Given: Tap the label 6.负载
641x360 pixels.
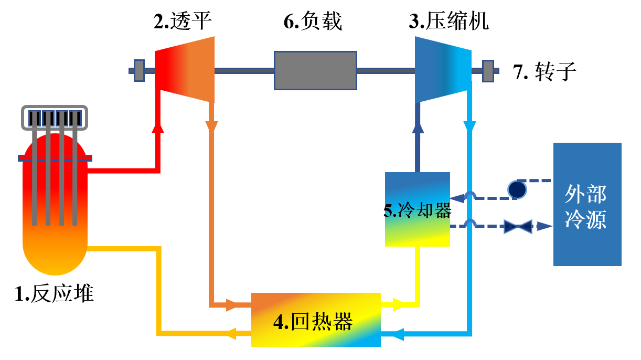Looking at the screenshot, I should (313, 23).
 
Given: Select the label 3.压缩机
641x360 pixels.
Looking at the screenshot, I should (448, 23).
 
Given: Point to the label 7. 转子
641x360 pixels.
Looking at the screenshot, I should (545, 72).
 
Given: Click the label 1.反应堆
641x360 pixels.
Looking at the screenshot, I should (55, 294).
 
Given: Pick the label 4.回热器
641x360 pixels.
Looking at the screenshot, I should (313, 321).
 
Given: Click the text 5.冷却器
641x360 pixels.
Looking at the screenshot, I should (418, 210).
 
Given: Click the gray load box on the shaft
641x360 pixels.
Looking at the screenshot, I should (315, 70).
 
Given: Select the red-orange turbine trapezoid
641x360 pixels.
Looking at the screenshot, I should (185, 69).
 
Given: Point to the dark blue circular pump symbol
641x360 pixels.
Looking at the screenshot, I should (517, 188).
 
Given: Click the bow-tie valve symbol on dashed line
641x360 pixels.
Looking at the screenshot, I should (517, 227).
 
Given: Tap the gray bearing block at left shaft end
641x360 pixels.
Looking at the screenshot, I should (139, 71).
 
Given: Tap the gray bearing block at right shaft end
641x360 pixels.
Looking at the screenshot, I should (488, 71).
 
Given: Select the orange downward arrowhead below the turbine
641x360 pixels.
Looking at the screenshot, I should (212, 126).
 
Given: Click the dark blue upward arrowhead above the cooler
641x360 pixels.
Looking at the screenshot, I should (418, 128).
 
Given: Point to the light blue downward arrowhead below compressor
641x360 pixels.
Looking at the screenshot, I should (469, 126).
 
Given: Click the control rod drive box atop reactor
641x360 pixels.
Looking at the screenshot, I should (54, 118).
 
